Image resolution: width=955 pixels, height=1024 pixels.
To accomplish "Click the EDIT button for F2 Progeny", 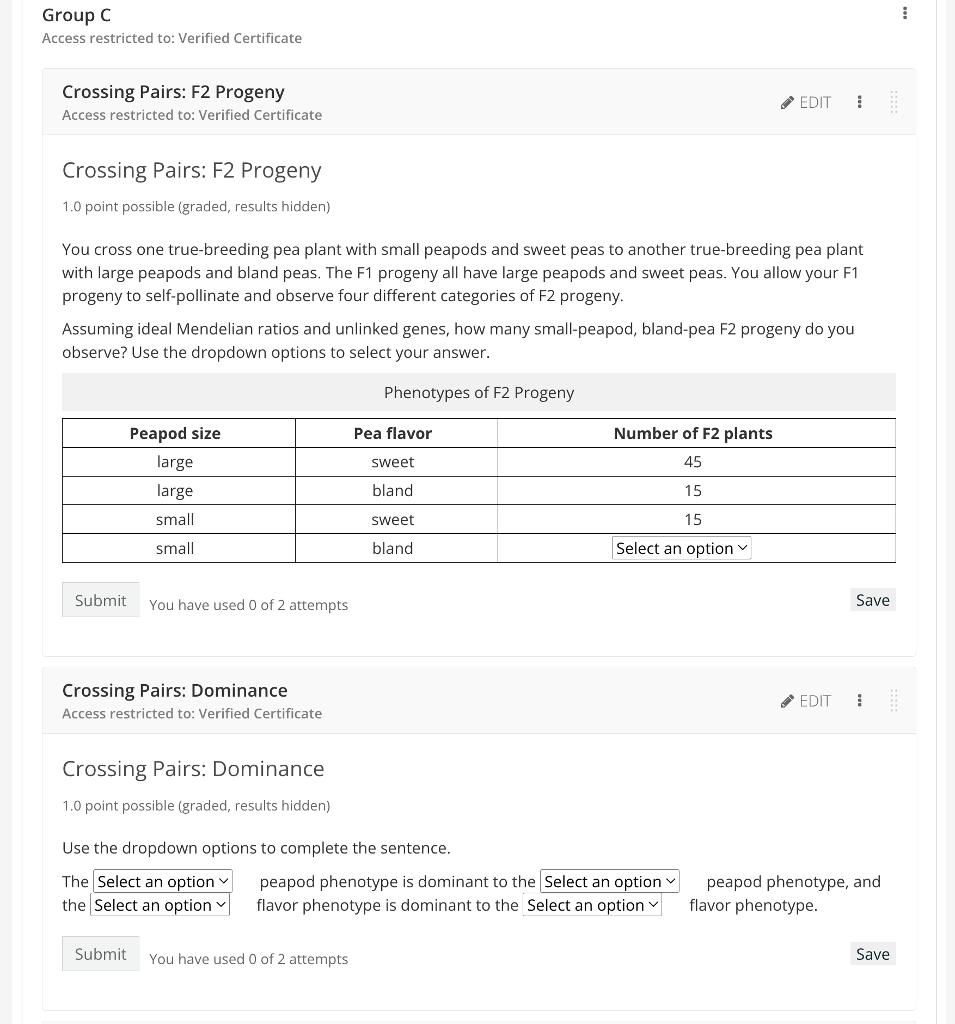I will point(806,102).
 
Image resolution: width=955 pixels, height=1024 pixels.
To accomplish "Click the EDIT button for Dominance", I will point(806,701).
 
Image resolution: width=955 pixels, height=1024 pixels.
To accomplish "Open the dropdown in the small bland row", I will point(681,548).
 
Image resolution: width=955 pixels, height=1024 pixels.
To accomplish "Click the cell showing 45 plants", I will point(693,462).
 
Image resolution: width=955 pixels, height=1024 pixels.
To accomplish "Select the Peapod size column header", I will point(175,434).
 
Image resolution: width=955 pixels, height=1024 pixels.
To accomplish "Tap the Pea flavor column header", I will point(393,434).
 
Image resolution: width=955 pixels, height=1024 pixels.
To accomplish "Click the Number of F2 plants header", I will point(693,434).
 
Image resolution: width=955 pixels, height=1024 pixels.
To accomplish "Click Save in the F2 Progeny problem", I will point(872,600).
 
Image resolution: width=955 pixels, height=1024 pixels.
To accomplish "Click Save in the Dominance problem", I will point(872,954).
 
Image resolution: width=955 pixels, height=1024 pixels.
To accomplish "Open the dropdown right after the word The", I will point(163,881).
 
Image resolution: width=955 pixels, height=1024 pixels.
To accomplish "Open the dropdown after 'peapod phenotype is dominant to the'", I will point(609,881).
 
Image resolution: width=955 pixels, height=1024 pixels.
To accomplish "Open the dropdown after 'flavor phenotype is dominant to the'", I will point(592,905).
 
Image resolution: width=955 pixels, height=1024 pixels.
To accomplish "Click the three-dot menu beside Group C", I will point(905,13).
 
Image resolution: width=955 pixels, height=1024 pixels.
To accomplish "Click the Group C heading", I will point(76,15).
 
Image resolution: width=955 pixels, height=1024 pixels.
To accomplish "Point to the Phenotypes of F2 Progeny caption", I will point(479,393).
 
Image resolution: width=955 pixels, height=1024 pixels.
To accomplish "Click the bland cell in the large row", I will point(393,491).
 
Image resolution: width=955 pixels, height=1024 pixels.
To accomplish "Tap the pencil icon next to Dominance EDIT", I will point(787,701).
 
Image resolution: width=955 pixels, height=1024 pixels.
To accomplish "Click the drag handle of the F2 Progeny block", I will point(893,102).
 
